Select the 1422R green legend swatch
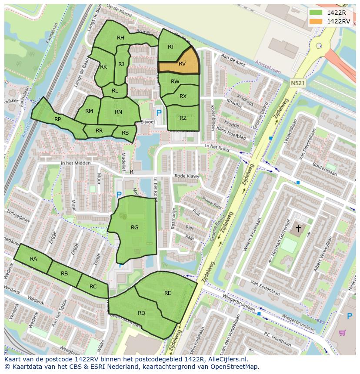pyautogui.click(x=316, y=13)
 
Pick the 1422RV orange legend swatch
pyautogui.click(x=316, y=21)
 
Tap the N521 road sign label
pyautogui.click(x=298, y=83)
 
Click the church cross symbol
pyautogui.click(x=298, y=228)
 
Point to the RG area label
pyautogui.click(x=134, y=227)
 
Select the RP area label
pyautogui.click(x=57, y=119)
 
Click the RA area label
pyautogui.click(x=33, y=258)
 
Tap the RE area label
pyautogui.click(x=167, y=293)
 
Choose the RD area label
pyautogui.click(x=141, y=313)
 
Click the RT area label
pyautogui.click(x=171, y=47)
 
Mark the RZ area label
pyautogui.click(x=183, y=118)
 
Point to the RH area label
pyautogui.click(x=120, y=38)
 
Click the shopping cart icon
pyautogui.click(x=342, y=333)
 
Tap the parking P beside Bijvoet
pyautogui.click(x=159, y=113)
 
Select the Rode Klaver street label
pyautogui.click(x=187, y=176)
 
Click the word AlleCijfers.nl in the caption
pyautogui.click(x=226, y=359)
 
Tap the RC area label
pyautogui.click(x=93, y=287)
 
